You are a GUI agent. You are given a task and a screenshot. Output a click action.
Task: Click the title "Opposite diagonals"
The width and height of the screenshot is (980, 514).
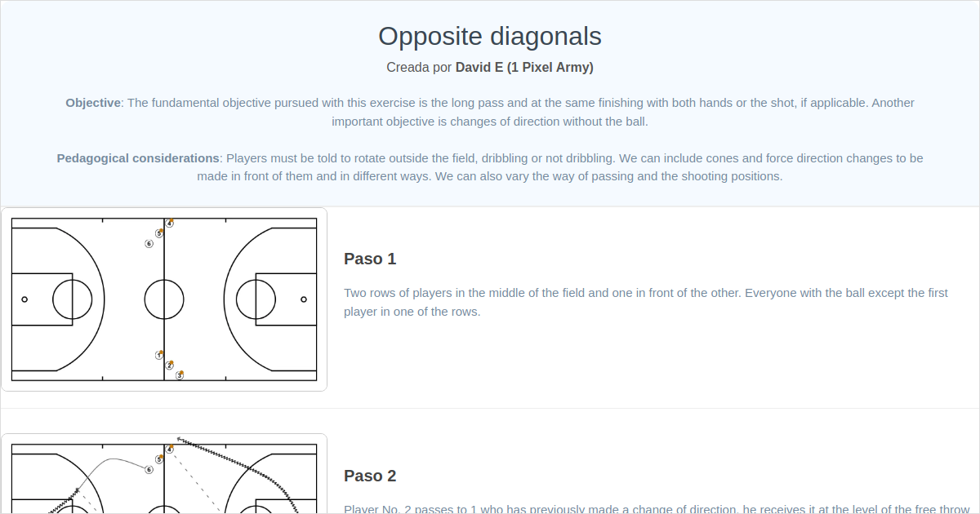[x=490, y=36]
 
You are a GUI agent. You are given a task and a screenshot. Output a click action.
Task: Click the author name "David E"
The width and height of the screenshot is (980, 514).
[x=479, y=68]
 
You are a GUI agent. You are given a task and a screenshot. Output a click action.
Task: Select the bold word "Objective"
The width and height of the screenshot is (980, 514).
[x=93, y=103]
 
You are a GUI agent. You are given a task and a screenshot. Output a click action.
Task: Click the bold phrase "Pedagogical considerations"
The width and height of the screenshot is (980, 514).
[x=138, y=158]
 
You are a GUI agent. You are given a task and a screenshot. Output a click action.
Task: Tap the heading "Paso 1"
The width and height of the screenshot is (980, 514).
[x=370, y=259]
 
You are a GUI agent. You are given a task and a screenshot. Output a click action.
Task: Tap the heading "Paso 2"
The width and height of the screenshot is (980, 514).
[x=370, y=476]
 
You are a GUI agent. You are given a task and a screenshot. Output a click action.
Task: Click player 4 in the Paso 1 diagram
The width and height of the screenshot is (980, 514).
[x=169, y=224]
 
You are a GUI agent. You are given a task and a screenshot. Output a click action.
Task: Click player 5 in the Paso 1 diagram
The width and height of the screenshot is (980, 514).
[x=159, y=233]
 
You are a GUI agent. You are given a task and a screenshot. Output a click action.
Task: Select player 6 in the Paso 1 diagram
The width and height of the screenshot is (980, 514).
[x=149, y=243]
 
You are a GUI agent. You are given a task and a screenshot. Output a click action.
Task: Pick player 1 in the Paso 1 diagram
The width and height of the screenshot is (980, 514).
[x=159, y=356]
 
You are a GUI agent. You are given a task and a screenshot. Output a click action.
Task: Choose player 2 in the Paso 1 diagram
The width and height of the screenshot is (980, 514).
[x=169, y=366]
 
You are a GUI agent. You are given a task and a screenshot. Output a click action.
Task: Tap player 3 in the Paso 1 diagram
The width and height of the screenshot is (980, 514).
[x=180, y=375]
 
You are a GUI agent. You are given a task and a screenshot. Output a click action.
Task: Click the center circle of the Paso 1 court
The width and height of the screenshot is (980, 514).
[x=164, y=299]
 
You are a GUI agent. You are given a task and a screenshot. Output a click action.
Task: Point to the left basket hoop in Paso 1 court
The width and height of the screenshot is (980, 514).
[x=24, y=299]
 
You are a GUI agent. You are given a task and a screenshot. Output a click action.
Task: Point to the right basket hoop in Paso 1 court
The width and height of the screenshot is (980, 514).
[x=304, y=299]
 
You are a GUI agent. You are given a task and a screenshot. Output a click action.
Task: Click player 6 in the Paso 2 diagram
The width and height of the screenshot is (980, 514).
[x=149, y=469]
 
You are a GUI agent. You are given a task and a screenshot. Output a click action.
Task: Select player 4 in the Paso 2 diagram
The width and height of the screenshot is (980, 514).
[x=169, y=450]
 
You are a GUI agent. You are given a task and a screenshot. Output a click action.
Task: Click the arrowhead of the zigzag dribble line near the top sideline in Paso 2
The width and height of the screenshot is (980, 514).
[x=179, y=439]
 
